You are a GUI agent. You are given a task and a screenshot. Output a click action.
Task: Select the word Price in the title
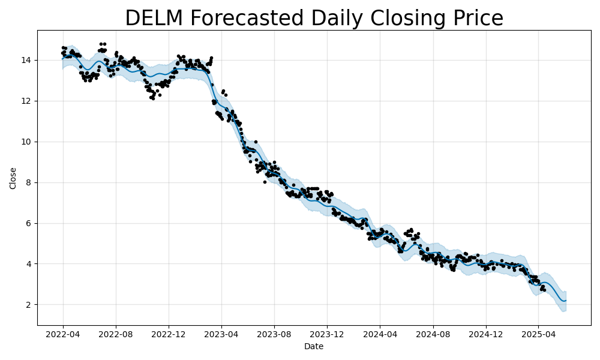click(x=474, y=18)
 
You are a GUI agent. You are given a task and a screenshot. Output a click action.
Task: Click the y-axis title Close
click(x=13, y=178)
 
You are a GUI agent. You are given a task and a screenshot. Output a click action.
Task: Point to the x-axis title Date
click(x=313, y=347)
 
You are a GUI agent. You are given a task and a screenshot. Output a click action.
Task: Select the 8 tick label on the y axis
click(x=29, y=182)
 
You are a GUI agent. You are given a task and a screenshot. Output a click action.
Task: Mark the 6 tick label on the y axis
click(x=29, y=223)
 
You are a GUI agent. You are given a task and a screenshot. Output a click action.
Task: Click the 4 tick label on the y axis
click(x=29, y=264)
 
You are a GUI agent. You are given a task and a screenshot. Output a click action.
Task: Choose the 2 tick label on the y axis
click(x=29, y=305)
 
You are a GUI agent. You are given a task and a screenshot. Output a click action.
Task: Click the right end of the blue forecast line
click(x=566, y=300)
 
